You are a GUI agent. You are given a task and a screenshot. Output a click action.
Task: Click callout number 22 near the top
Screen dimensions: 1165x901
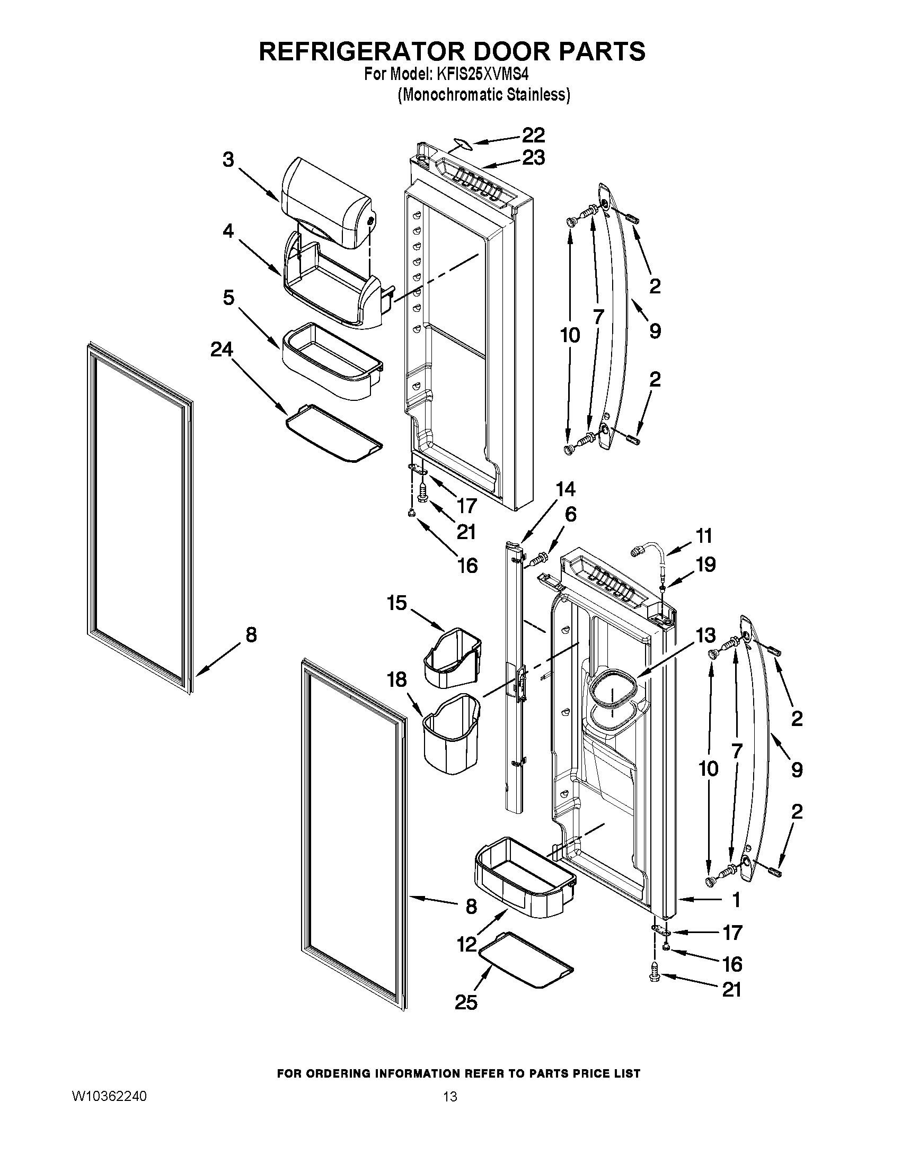pyautogui.click(x=533, y=135)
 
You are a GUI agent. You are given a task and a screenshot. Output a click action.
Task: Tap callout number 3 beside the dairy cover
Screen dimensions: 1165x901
pyautogui.click(x=228, y=159)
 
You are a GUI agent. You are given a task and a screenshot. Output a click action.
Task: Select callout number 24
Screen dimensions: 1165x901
pyautogui.click(x=222, y=349)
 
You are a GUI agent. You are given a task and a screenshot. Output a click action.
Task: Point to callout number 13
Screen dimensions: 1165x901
pyautogui.click(x=705, y=635)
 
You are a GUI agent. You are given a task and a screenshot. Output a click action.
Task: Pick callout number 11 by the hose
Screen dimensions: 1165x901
pyautogui.click(x=704, y=535)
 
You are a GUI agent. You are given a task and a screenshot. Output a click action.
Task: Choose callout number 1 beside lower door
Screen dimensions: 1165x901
pyautogui.click(x=736, y=900)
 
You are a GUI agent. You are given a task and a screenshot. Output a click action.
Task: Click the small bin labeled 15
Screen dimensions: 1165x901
pyautogui.click(x=452, y=657)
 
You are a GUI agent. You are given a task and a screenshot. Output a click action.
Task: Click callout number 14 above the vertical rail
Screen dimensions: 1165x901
pyautogui.click(x=566, y=489)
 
